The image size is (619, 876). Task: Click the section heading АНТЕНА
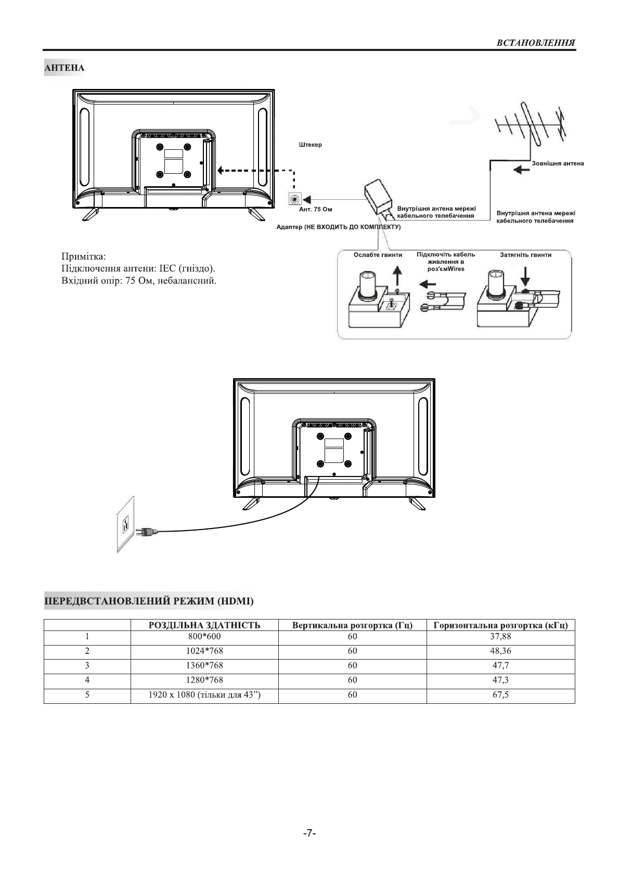[x=65, y=68]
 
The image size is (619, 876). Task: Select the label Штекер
[x=310, y=145]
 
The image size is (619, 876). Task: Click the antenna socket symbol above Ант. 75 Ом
[x=295, y=199]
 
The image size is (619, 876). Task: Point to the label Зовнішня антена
[x=557, y=163]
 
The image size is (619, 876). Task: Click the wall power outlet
[x=125, y=524]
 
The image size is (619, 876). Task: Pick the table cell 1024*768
[x=204, y=651]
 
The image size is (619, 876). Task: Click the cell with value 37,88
[x=500, y=636]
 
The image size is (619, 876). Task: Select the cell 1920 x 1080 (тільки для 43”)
[x=204, y=694]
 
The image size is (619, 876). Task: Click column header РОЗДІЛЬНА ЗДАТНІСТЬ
[x=204, y=625]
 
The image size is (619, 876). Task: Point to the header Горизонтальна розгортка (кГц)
[x=500, y=625]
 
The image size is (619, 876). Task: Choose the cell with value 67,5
[x=500, y=694]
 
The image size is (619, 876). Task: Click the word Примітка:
[x=83, y=256]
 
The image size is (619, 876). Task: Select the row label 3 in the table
[x=87, y=665]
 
